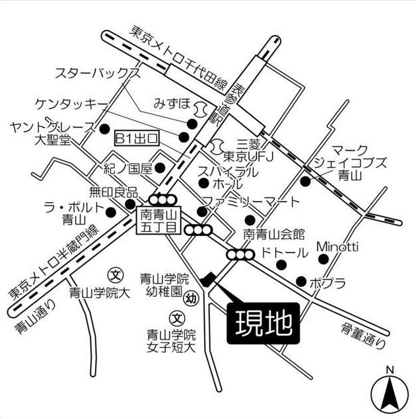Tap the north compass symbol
coord(390,393)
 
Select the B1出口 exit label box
coord(138,138)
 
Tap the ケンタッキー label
coord(71,104)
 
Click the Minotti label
coord(337,247)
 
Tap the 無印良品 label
coord(114,192)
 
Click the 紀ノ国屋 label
coord(128,168)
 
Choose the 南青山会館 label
coord(273,233)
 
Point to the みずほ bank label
coord(172,104)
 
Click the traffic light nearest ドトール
coord(238,254)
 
